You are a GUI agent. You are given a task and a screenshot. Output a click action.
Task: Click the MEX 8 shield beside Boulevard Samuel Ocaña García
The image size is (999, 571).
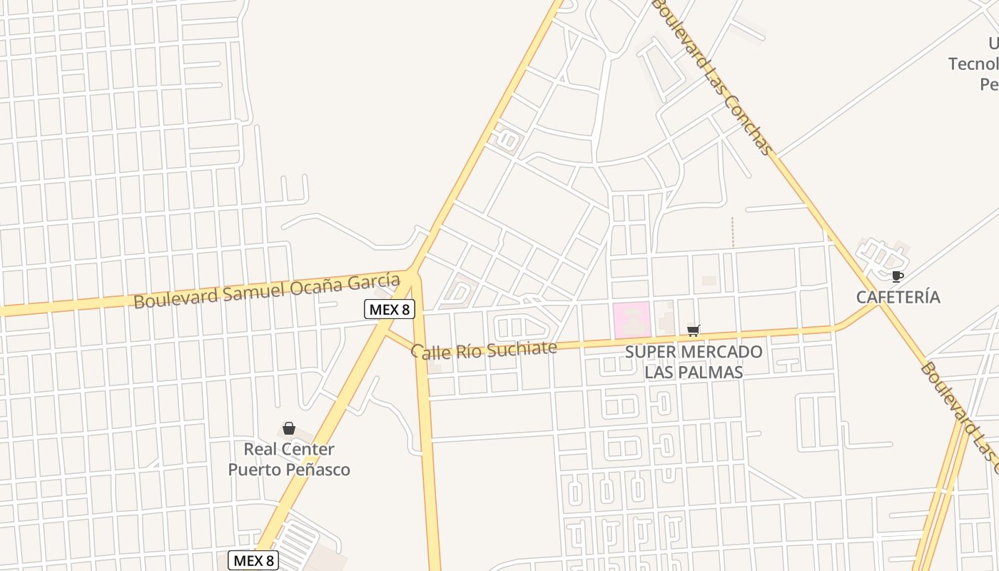pos(390,308)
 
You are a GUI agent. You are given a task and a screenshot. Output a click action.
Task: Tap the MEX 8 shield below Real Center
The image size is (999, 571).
pos(253,560)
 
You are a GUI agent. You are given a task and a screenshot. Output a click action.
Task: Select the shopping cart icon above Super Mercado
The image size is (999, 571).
pos(693,330)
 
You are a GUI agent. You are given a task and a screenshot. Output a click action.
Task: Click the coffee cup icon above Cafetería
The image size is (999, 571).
pos(898,276)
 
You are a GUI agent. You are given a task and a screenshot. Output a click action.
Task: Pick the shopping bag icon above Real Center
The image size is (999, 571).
pos(289,428)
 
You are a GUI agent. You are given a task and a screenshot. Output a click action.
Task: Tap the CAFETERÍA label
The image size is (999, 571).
pos(898,297)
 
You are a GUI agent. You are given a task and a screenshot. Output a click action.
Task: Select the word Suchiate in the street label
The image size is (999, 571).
pos(520,348)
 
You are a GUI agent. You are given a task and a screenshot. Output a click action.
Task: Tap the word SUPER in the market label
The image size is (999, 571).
pos(650,352)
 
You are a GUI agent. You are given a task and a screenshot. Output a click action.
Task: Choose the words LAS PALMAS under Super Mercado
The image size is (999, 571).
pos(694,372)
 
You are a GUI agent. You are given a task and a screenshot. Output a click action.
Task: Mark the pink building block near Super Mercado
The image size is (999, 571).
pos(632,319)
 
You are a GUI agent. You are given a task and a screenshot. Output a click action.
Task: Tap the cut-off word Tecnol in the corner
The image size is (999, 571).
pos(973,64)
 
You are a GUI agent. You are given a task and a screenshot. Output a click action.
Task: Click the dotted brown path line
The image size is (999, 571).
pos(733,233)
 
